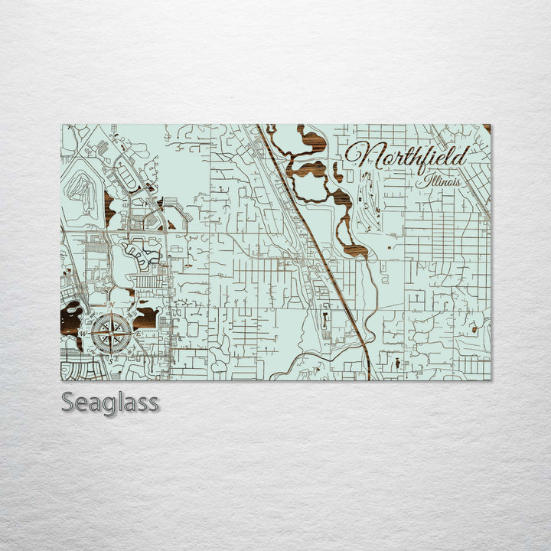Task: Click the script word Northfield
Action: (x=406, y=156)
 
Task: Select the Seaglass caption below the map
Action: (x=110, y=402)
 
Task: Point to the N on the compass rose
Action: (x=111, y=306)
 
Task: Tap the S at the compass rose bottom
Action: (x=109, y=360)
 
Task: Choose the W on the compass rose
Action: (x=83, y=333)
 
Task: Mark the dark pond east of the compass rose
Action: (x=145, y=315)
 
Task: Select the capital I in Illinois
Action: (x=420, y=181)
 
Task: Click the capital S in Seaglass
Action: (x=69, y=402)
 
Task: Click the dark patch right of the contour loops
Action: (x=109, y=204)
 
